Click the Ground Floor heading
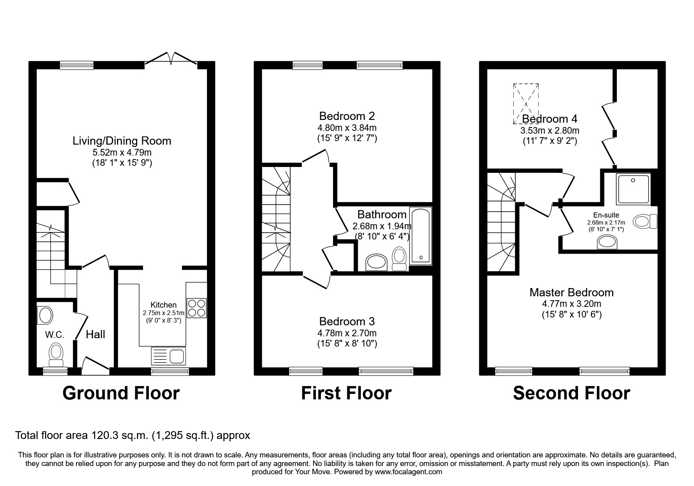[121, 393]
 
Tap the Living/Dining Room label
[122, 141]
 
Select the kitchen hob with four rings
[197, 308]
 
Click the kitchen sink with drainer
[168, 356]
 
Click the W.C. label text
[54, 335]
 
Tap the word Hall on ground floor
[96, 334]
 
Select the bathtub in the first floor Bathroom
[420, 236]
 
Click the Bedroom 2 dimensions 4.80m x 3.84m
[347, 128]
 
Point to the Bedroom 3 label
[347, 321]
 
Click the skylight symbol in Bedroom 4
[526, 103]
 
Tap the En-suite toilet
[645, 221]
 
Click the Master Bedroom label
[571, 292]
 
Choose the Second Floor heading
[571, 393]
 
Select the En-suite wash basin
[606, 243]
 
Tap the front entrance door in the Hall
[95, 364]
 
